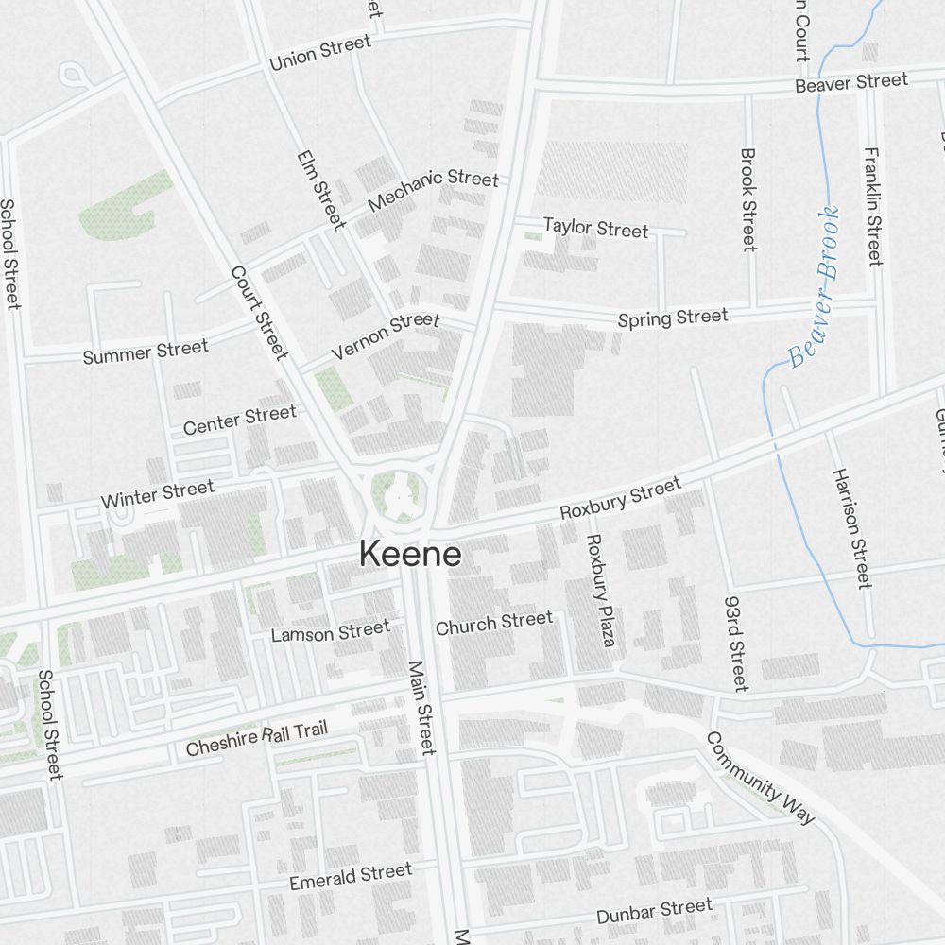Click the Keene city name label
410,555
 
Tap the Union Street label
319,54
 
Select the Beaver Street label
850,83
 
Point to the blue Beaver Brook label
814,287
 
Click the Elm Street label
320,189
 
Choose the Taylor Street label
595,228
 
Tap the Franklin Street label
874,206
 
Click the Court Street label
258,312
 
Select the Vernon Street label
386,336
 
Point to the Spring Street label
673,318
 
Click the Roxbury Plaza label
600,591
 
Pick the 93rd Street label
736,643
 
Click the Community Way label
760,778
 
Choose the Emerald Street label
351,877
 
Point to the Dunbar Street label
654,912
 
